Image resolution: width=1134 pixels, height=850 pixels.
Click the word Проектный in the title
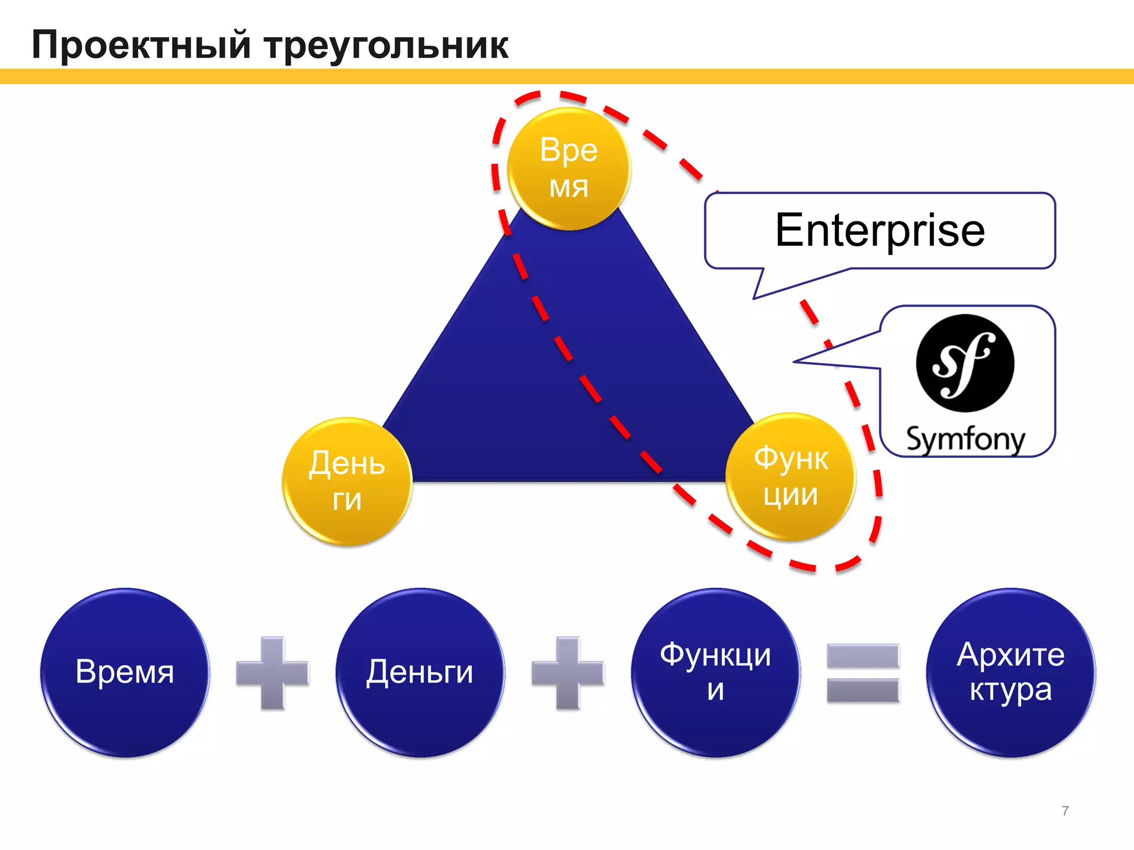click(x=142, y=45)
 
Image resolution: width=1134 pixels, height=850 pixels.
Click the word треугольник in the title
click(x=386, y=45)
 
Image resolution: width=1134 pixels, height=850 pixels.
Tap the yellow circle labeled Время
click(x=569, y=168)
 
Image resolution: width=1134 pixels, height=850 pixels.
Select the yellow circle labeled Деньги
click(x=347, y=481)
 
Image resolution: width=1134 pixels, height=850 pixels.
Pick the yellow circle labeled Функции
click(x=791, y=476)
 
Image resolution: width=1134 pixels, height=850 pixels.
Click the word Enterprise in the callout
click(x=880, y=230)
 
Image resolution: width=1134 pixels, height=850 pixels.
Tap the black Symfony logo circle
click(x=965, y=363)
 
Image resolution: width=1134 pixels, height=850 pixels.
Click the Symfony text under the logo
click(x=965, y=439)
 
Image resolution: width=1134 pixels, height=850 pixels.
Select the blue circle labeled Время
click(x=125, y=672)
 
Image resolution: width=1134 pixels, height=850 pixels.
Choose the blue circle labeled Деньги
click(x=420, y=672)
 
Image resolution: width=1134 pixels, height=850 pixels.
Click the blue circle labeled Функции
click(x=715, y=672)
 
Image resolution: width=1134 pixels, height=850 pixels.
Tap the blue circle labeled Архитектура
click(x=1011, y=672)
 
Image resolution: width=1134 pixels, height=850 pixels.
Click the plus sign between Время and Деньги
click(x=272, y=673)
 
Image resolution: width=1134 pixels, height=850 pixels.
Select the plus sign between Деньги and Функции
click(x=568, y=673)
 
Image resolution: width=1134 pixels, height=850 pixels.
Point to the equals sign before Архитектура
click(x=863, y=673)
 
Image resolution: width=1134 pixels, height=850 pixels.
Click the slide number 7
click(x=1065, y=811)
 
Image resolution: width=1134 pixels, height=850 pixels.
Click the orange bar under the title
click(x=567, y=76)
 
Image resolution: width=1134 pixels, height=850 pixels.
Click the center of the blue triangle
click(x=569, y=376)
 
